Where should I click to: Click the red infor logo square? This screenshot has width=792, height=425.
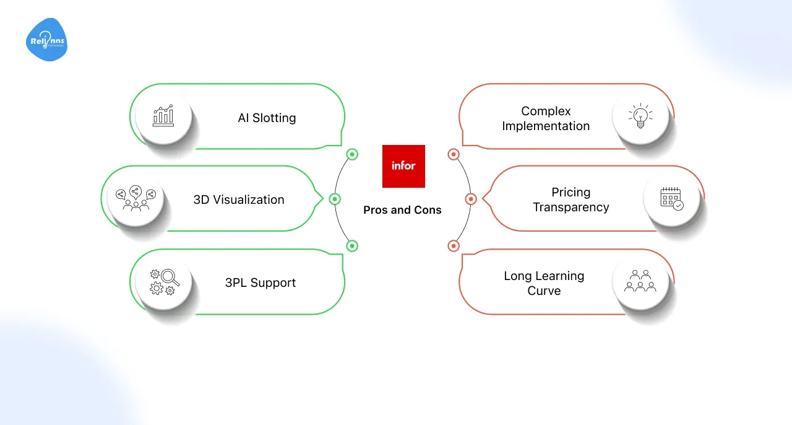click(x=403, y=166)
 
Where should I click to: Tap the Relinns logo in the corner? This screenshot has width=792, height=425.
click(x=46, y=40)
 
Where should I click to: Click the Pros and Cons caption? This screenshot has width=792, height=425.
click(x=402, y=210)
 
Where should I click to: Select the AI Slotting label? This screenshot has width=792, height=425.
click(x=267, y=118)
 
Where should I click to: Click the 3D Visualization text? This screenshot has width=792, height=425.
click(x=239, y=199)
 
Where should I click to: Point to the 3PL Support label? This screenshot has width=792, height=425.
click(x=260, y=283)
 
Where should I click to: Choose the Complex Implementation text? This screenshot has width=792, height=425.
click(x=546, y=118)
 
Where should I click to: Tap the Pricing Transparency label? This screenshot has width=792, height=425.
click(x=571, y=199)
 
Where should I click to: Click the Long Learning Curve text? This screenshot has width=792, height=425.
click(x=544, y=283)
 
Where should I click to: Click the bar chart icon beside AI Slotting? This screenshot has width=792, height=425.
click(x=163, y=116)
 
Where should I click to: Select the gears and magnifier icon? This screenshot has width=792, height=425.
click(x=164, y=282)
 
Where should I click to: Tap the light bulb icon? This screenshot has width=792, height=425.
click(x=640, y=116)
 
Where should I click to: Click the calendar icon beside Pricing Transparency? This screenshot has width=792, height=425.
click(x=671, y=198)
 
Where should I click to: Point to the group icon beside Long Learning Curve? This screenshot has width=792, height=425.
click(x=640, y=281)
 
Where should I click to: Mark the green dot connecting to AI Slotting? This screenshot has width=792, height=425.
click(x=352, y=154)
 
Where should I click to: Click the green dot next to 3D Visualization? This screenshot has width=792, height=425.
click(x=335, y=199)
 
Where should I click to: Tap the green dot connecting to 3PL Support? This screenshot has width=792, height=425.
click(x=352, y=246)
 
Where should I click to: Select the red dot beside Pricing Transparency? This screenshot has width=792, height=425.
click(x=470, y=199)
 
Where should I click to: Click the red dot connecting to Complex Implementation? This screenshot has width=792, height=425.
click(x=453, y=154)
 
